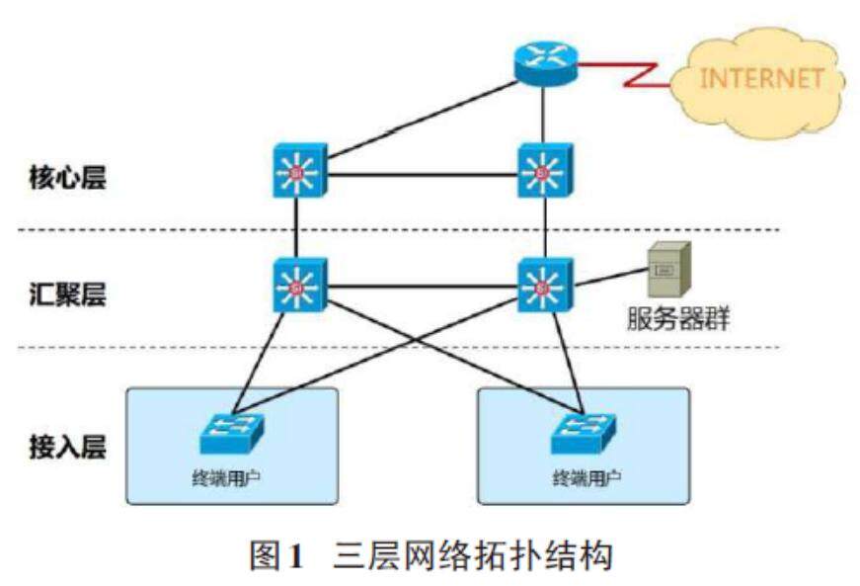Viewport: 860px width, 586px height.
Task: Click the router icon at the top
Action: coord(544,63)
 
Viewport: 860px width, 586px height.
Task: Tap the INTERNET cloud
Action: coord(760,79)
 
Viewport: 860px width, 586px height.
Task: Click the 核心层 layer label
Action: coord(67,179)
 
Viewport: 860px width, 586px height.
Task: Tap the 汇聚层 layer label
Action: coord(67,294)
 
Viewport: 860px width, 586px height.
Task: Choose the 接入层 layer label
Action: coord(67,446)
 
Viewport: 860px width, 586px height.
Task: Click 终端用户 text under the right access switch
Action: coord(586,478)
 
